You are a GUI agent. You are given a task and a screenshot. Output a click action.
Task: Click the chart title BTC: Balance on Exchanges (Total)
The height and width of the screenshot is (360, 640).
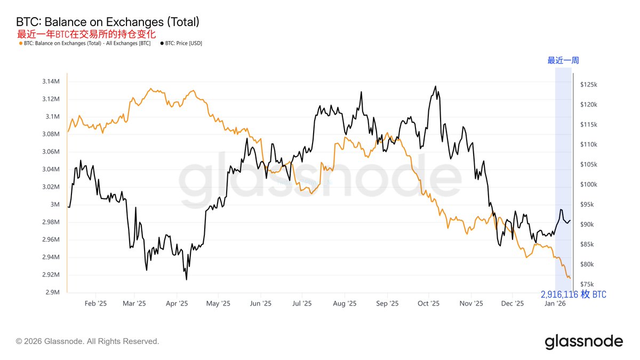click(108, 22)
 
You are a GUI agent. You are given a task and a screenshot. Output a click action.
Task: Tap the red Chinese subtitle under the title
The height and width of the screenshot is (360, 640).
click(86, 34)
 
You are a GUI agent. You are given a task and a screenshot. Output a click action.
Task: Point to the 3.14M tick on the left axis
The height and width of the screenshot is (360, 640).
click(51, 82)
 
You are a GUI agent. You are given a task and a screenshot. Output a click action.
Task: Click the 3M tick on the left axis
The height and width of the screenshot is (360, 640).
click(55, 204)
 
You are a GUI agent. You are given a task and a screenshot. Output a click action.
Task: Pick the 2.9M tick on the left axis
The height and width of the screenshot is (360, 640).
click(52, 292)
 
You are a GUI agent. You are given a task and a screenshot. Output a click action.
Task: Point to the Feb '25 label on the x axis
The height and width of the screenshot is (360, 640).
click(95, 303)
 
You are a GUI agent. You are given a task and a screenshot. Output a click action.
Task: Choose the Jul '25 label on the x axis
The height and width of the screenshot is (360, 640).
click(302, 303)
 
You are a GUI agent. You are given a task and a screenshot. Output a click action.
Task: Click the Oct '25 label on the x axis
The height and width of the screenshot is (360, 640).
click(428, 303)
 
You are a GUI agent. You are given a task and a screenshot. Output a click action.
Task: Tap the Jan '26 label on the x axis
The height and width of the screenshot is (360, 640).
click(555, 303)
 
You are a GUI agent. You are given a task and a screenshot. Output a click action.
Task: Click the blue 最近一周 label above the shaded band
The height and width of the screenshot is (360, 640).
click(563, 60)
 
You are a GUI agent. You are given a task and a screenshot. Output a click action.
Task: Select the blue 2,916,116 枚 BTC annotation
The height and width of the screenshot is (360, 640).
click(573, 294)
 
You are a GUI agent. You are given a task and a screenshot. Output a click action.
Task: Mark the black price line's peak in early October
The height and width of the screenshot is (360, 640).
click(436, 86)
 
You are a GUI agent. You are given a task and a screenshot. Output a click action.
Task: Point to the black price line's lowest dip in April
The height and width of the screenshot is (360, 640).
click(186, 279)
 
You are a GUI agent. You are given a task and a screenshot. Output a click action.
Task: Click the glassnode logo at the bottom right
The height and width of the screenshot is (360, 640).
click(583, 341)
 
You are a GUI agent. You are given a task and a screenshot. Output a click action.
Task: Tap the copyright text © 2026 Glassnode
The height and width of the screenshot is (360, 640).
click(87, 341)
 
